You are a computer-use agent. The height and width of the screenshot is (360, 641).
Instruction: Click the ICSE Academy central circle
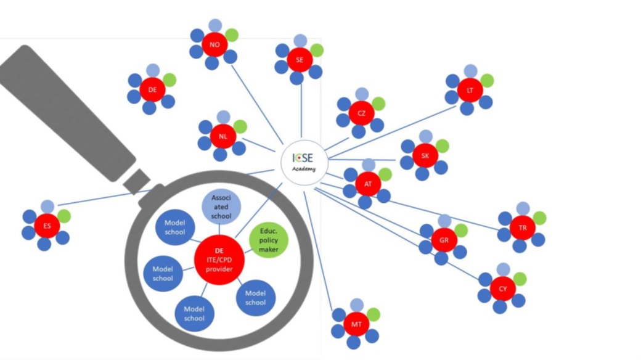click(x=303, y=162)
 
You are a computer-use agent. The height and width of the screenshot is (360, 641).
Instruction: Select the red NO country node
click(x=214, y=45)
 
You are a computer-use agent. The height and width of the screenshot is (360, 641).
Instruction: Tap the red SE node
click(x=300, y=60)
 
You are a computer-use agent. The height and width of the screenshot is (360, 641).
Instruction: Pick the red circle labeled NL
click(x=223, y=136)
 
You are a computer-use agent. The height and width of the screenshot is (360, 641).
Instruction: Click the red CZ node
click(x=361, y=113)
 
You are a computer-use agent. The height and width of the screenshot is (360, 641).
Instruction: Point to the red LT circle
click(x=470, y=90)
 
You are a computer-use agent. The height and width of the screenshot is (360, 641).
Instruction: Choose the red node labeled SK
click(x=425, y=156)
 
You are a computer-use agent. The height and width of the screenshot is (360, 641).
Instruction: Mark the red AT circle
click(x=368, y=184)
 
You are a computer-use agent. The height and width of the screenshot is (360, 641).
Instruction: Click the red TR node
click(x=523, y=228)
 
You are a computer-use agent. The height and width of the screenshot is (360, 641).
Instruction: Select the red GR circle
click(x=444, y=240)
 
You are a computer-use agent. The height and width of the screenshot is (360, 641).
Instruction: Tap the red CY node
click(x=503, y=288)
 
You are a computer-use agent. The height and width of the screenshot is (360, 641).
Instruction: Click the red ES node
click(x=47, y=226)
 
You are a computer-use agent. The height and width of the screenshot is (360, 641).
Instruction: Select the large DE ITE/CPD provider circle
click(x=219, y=260)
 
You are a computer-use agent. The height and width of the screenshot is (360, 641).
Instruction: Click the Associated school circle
click(x=221, y=207)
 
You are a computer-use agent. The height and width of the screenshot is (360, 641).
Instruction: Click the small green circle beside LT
click(x=487, y=80)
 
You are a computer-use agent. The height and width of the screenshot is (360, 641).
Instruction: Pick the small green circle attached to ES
click(x=63, y=216)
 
